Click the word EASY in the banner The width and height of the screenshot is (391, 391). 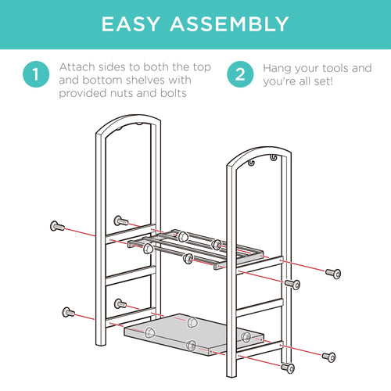click(x=131, y=24)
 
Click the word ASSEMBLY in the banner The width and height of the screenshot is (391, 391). click(x=230, y=24)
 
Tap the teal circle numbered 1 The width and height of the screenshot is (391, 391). click(x=36, y=74)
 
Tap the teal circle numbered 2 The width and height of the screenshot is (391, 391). click(x=240, y=74)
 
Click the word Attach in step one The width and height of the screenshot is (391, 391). click(x=77, y=67)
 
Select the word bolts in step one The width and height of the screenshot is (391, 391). click(x=174, y=93)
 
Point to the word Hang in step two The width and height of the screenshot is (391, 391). click(x=276, y=69)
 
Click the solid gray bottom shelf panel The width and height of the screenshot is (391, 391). click(x=193, y=334)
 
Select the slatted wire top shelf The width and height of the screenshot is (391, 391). click(x=195, y=249)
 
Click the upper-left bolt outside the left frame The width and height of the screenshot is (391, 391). click(x=57, y=226)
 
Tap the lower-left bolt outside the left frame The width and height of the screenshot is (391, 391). click(x=69, y=312)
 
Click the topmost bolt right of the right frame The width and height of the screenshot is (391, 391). click(x=333, y=274)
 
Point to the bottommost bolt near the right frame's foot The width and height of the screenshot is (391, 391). click(x=288, y=368)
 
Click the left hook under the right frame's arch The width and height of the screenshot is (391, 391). click(x=251, y=163)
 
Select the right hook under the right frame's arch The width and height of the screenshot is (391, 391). click(x=273, y=157)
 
